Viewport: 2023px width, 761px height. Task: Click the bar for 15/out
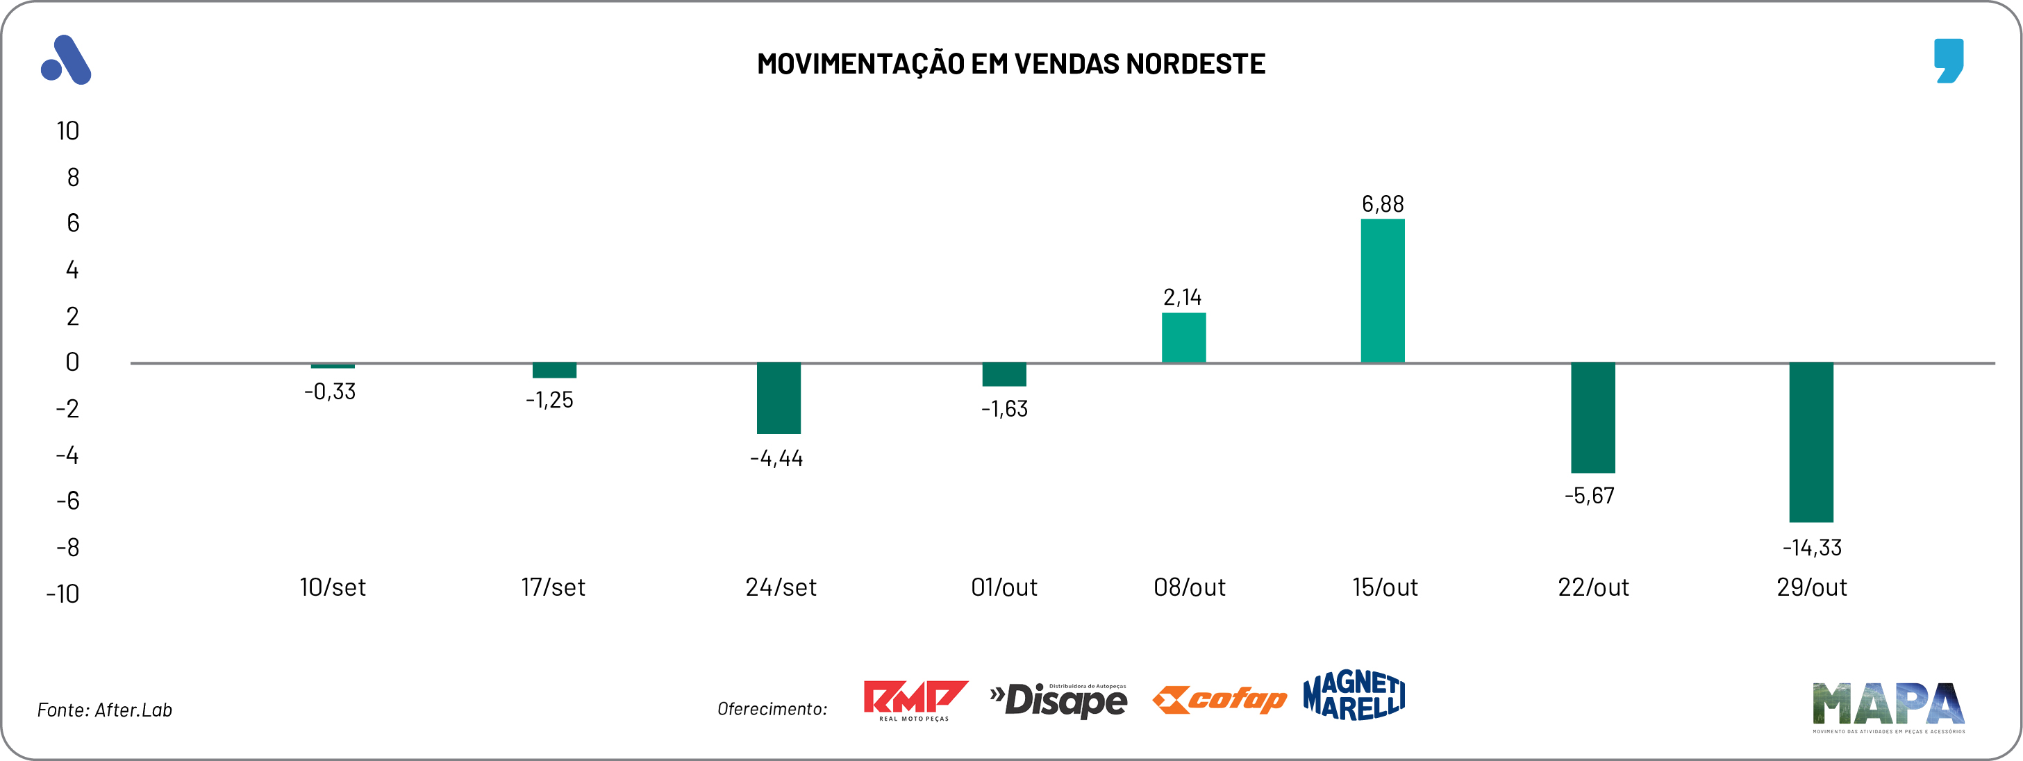(x=1382, y=290)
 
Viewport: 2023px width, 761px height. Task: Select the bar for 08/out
(x=1183, y=337)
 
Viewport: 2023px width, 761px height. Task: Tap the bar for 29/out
(x=1811, y=442)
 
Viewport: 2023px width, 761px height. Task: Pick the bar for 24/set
(x=779, y=398)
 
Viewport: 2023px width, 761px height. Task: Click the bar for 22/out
(x=1592, y=418)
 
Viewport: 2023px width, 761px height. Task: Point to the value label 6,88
(x=1382, y=204)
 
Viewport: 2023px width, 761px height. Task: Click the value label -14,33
(x=1812, y=547)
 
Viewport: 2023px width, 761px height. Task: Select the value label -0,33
(x=330, y=391)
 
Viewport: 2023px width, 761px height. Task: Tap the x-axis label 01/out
(x=1004, y=587)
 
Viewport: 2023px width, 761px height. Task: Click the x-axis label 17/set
(x=553, y=587)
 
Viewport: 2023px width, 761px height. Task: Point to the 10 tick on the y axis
(x=67, y=131)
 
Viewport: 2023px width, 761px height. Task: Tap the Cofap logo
(x=1219, y=699)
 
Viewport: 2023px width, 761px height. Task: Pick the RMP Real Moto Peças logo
(x=915, y=700)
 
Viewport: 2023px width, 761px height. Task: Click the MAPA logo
(x=1888, y=706)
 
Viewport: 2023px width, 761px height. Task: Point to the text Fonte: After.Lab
(x=104, y=710)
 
